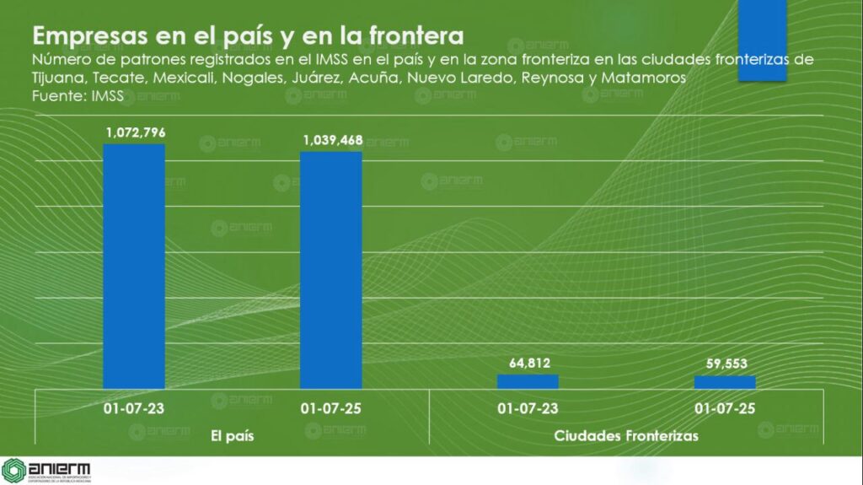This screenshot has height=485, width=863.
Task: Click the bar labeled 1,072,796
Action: [134, 266]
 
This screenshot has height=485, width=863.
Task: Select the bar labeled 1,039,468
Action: [331, 270]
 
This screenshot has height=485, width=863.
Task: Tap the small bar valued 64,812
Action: [528, 381]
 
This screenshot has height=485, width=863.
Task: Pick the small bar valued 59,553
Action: [725, 382]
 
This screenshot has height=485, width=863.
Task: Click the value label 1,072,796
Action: [135, 132]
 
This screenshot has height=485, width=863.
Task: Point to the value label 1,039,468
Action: [331, 140]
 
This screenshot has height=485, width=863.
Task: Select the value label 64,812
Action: [528, 364]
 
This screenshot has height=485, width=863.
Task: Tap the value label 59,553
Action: [725, 364]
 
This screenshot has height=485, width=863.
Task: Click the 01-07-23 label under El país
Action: [134, 409]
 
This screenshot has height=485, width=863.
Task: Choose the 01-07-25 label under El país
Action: [331, 409]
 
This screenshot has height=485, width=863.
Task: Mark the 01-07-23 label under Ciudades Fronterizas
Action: [528, 409]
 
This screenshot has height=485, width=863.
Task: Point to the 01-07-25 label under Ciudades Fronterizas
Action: [725, 409]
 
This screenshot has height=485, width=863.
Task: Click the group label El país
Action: [232, 436]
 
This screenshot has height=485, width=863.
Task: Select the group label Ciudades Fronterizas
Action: [626, 436]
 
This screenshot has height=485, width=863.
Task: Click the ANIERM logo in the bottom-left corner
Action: [46, 471]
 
